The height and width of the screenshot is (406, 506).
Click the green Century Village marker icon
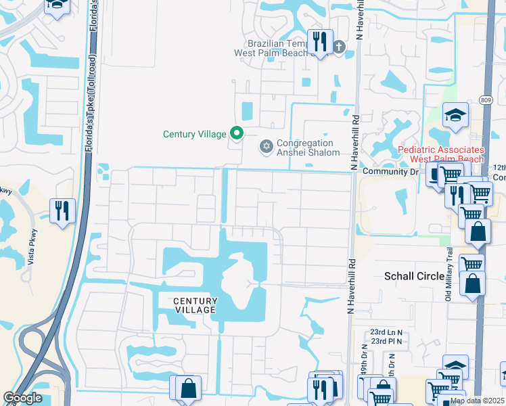(x=236, y=133)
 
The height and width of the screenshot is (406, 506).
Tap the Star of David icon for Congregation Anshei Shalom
(x=266, y=146)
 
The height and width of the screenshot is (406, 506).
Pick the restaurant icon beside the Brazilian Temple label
(x=319, y=43)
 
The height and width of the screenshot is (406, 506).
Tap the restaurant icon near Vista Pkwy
(x=62, y=210)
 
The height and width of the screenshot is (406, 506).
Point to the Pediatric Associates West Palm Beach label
(x=440, y=154)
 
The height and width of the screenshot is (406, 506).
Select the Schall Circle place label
(x=415, y=276)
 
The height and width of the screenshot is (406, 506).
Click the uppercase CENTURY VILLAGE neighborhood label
(x=195, y=306)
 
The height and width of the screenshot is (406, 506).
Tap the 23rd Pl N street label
(x=386, y=341)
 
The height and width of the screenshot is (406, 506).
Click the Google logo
(x=22, y=398)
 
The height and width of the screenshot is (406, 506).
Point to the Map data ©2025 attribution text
(x=477, y=401)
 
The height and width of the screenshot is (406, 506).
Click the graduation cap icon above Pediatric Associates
(x=456, y=116)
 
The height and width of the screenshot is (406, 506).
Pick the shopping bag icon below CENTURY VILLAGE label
(x=188, y=388)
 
